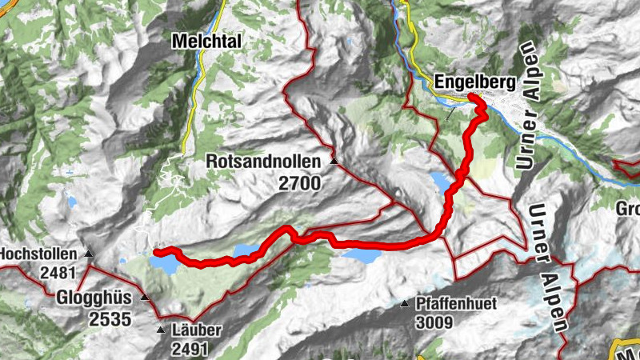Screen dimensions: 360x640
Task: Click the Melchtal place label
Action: [206, 40]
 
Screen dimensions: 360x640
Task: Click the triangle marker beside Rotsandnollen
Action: [334, 162]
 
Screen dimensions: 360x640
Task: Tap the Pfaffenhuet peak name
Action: [456, 304]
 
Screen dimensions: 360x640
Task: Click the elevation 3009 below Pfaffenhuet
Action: [434, 323]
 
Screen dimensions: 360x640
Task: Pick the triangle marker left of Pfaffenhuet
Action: [405, 305]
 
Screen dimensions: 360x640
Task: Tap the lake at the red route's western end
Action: [166, 262]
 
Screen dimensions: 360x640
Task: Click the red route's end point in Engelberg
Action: [473, 98]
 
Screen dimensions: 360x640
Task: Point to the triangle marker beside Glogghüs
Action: [145, 298]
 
